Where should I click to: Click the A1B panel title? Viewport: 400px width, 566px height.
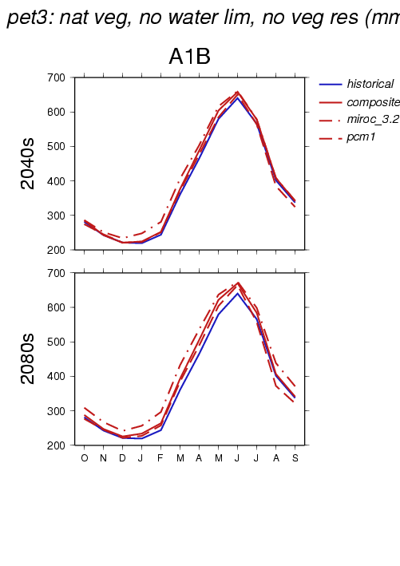pos(189,57)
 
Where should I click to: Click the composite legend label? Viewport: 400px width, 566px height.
pos(374,102)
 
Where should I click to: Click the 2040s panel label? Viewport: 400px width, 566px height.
pos(28,164)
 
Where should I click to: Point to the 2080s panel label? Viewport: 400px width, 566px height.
pos(28,358)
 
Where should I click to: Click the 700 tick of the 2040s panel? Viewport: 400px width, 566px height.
pos(56,77)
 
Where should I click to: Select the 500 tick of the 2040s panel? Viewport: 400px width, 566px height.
pos(56,147)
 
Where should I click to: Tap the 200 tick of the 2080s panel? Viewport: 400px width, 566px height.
pos(56,445)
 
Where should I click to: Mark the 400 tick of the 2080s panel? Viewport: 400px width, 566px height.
pos(56,377)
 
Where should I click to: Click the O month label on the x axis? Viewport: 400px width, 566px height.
pos(85,458)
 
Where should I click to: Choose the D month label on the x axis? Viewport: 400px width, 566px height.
pos(122,458)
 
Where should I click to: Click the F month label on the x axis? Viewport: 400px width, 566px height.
pos(160,458)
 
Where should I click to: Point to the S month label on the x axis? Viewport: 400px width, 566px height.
pos(295,458)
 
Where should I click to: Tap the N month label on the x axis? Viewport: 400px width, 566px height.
pos(103,458)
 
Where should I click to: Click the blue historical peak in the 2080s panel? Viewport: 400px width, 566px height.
pos(237,293)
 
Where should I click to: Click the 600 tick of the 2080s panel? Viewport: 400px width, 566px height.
pos(56,307)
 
